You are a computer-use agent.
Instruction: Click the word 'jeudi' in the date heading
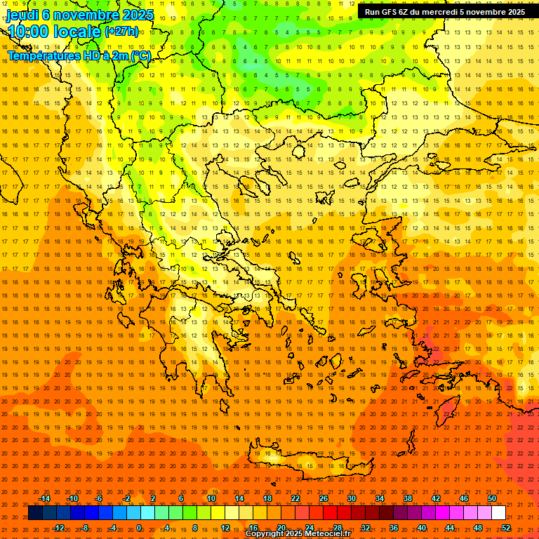[22, 14]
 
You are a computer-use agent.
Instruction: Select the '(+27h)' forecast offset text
[121, 32]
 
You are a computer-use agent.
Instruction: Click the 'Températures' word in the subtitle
[41, 56]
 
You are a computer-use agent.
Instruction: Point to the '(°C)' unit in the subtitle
[140, 56]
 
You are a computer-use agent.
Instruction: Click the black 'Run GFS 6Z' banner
[445, 12]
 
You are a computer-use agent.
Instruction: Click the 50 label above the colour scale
[491, 498]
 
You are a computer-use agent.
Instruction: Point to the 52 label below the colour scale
[506, 528]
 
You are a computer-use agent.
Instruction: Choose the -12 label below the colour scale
[58, 528]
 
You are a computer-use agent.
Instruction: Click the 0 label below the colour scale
[139, 528]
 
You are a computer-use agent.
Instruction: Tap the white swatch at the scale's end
[498, 513]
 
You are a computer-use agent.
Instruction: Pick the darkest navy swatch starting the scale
[35, 513]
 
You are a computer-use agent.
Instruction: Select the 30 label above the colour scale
[351, 498]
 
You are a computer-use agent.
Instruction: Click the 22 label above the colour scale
[295, 498]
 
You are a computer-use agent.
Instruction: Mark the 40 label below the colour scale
[422, 528]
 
